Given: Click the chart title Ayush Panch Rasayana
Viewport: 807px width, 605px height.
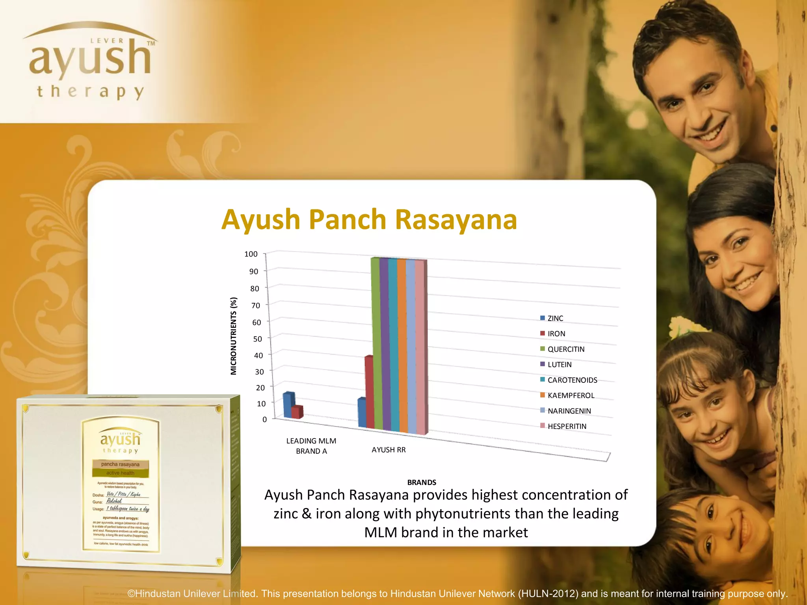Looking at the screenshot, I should pyautogui.click(x=369, y=219).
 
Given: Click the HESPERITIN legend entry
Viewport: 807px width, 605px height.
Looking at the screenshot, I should pyautogui.click(x=567, y=426).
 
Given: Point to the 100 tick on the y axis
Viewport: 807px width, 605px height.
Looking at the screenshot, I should pyautogui.click(x=251, y=254).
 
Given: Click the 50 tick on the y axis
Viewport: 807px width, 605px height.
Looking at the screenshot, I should pyautogui.click(x=257, y=339).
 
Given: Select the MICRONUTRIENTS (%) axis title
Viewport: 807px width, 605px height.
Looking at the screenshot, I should pyautogui.click(x=234, y=336).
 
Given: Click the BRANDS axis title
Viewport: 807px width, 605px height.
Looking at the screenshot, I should pyautogui.click(x=422, y=483).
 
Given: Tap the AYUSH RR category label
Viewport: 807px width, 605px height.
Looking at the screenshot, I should pyautogui.click(x=389, y=450).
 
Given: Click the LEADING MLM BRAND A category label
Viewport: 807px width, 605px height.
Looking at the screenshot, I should pyautogui.click(x=311, y=446).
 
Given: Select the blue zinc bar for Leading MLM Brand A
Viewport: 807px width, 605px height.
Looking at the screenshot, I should pyautogui.click(x=288, y=405).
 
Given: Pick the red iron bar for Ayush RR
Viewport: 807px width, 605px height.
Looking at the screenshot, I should pyautogui.click(x=369, y=392).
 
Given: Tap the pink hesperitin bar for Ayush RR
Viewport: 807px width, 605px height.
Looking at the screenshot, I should pyautogui.click(x=420, y=347).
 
